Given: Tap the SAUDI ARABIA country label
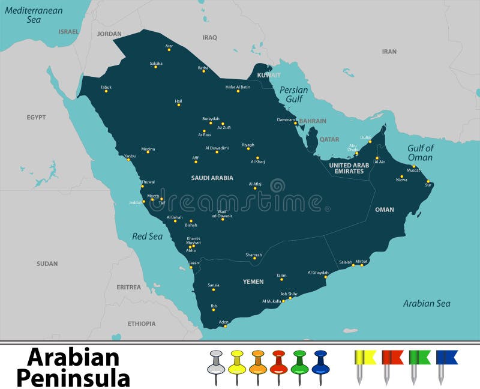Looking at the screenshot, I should click(x=212, y=178).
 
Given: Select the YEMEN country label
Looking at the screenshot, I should click(x=253, y=281).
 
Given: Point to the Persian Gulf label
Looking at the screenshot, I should click(x=294, y=94).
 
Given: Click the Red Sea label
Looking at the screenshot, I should click(x=148, y=237).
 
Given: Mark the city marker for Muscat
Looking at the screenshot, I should click(x=413, y=166).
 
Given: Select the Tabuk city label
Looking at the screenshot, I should click(x=106, y=87).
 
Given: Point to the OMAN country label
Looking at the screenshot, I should click(x=385, y=210).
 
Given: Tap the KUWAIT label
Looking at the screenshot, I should click(x=269, y=76).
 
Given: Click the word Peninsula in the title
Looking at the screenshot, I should click(x=73, y=378).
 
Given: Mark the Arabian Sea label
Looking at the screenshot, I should click(x=427, y=304).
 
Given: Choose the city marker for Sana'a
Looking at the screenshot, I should click(x=213, y=289).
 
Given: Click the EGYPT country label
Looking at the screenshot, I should click(x=36, y=118).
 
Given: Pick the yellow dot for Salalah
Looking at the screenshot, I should click(x=353, y=265).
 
